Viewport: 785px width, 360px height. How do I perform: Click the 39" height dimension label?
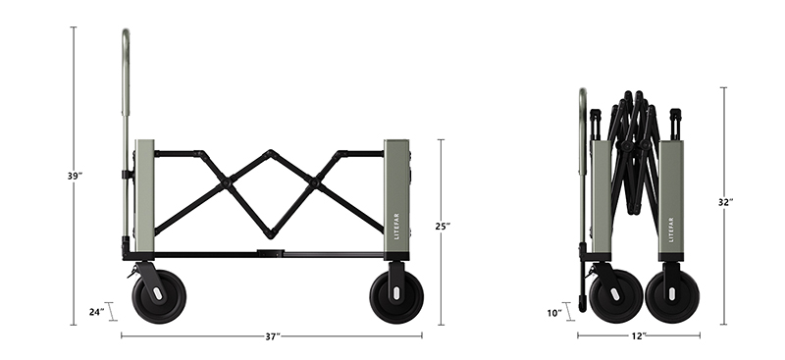[76, 177]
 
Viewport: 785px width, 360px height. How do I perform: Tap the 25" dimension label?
[443, 227]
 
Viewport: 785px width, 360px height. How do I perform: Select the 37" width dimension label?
[273, 337]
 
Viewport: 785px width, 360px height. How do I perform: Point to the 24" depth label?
[96, 312]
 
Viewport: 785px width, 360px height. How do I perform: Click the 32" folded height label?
[725, 202]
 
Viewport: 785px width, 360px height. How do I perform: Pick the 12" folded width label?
[639, 336]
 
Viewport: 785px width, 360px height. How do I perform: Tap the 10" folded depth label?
[554, 314]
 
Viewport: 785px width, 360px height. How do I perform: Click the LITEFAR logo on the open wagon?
[397, 226]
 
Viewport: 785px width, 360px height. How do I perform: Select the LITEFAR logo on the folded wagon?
[671, 230]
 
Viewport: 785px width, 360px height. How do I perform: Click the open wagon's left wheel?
[159, 296]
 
